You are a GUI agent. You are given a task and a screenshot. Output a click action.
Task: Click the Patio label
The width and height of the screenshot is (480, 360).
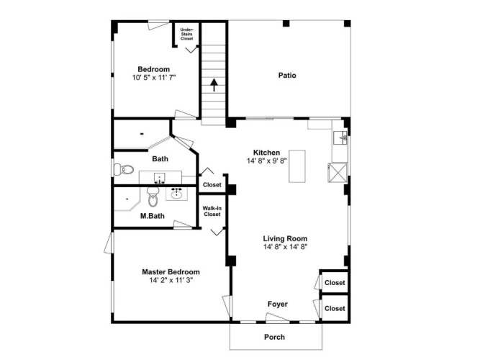287,76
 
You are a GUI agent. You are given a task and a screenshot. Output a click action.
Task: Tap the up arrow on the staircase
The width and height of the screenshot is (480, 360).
214,85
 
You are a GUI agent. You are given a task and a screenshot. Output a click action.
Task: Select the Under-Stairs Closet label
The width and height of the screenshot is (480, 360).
186,35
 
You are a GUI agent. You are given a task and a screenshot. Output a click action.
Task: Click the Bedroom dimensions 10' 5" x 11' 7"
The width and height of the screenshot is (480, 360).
154,78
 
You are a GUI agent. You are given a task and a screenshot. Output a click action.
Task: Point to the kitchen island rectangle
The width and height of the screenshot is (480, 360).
297,166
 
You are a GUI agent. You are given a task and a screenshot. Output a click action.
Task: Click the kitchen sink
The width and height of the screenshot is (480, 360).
340,138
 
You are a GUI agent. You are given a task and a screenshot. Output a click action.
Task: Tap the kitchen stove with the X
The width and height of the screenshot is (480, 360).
338,173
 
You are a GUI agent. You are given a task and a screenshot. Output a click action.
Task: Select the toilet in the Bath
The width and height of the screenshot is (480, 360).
124,169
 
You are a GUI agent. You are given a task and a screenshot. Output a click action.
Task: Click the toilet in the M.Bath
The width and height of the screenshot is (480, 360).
153,197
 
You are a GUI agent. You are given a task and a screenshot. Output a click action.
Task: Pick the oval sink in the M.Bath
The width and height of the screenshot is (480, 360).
176,194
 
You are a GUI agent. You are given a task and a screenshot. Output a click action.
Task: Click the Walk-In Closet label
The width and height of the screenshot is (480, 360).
212,212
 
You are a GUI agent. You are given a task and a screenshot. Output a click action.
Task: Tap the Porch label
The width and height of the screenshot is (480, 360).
274,337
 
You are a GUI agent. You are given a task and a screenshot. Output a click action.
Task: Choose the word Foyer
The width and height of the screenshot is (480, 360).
278,305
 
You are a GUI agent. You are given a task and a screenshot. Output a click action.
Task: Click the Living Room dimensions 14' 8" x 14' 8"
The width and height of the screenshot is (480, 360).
285,247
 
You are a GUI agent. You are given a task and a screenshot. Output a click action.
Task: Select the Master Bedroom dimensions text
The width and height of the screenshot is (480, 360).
171,280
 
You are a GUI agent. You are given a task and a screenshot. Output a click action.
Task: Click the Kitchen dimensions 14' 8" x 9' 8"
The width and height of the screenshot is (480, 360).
267,161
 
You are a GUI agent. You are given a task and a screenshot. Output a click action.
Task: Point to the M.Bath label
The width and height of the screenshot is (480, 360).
152,216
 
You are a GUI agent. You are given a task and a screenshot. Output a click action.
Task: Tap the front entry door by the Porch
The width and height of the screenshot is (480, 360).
277,318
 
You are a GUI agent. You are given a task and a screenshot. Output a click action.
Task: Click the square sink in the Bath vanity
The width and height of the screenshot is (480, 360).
160,178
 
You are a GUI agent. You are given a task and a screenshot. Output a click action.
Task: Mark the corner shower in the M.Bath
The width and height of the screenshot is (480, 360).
127,199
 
